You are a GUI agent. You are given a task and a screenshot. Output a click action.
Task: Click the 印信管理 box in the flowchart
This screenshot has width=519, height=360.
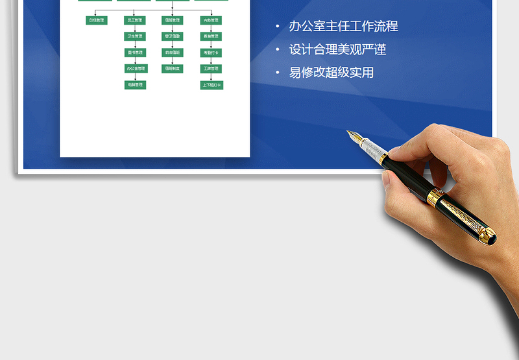[96, 20]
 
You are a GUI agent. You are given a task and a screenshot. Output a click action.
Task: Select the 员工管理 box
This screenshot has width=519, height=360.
[135, 20]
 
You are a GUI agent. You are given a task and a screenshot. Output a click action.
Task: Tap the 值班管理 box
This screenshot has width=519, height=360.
[173, 20]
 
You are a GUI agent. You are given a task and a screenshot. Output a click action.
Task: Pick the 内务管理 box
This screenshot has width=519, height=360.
[211, 20]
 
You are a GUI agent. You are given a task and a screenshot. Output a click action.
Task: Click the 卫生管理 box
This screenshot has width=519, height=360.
[135, 36]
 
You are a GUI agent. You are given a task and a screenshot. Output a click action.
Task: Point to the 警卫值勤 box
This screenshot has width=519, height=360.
[173, 36]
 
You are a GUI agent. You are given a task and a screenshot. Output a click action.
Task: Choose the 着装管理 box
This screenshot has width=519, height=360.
[211, 36]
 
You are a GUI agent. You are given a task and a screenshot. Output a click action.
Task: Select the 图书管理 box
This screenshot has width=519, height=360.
[135, 53]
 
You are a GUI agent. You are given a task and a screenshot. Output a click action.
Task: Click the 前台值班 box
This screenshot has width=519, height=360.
[173, 53]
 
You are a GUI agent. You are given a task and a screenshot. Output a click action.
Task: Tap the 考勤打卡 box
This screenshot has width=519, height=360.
[211, 53]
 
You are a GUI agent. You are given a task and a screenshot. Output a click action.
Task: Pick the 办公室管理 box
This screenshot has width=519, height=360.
[135, 69]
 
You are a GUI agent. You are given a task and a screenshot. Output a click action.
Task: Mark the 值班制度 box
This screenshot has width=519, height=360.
[173, 69]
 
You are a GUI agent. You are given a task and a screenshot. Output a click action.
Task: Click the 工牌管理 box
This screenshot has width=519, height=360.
[211, 69]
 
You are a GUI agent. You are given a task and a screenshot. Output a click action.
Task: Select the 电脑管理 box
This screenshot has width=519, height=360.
[135, 85]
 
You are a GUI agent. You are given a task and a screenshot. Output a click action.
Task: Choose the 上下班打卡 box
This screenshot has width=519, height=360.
[211, 85]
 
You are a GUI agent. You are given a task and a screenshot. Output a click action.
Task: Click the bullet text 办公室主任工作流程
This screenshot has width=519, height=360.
[343, 27]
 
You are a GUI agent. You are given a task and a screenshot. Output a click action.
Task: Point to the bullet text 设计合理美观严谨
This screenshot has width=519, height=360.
[337, 50]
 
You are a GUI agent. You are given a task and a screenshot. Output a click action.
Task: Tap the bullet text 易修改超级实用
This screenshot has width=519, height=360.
[332, 73]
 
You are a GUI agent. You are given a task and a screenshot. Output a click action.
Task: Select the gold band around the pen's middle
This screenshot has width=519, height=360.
[437, 198]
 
